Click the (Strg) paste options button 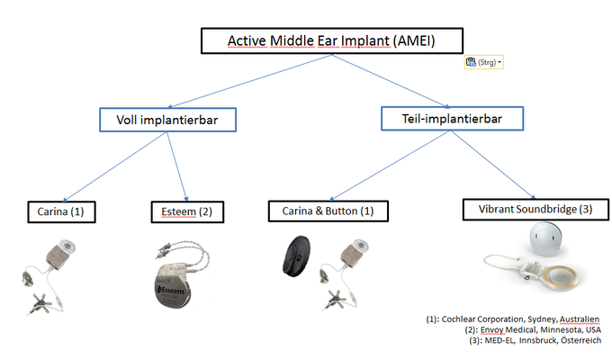[484, 63]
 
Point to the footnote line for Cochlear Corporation [512, 319]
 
